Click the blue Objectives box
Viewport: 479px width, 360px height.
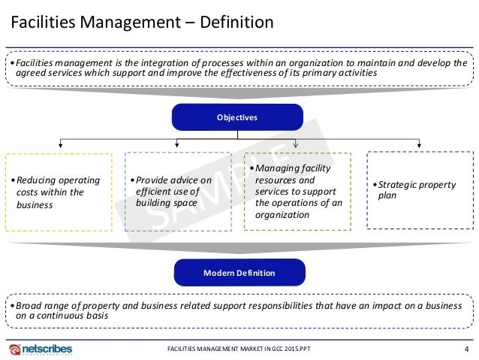237,118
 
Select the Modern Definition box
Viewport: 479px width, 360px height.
239,273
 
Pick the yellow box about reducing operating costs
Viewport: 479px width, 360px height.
58,192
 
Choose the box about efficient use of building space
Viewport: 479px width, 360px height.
178,192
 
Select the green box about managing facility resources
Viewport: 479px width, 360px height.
298,192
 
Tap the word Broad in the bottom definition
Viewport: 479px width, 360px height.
27,307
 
